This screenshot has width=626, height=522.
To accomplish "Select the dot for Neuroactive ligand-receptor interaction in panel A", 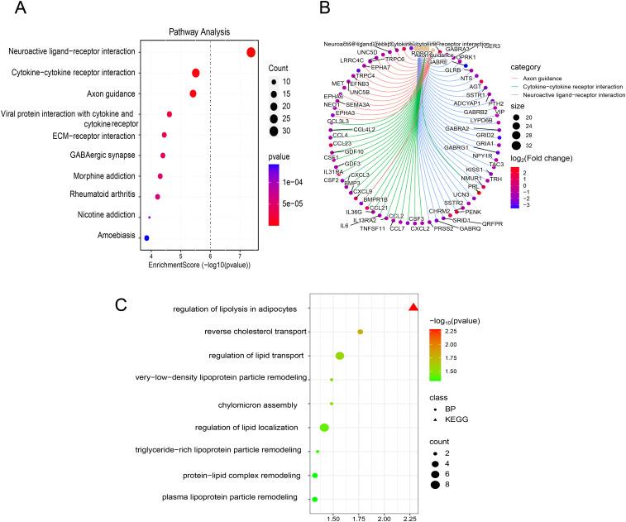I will click(251, 53).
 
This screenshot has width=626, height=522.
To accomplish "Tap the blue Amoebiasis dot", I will click(146, 238).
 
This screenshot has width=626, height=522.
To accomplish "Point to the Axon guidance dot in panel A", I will click(193, 93).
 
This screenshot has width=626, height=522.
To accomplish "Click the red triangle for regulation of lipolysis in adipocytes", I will click(413, 309).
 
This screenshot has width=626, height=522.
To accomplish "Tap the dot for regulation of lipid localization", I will click(324, 428).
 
